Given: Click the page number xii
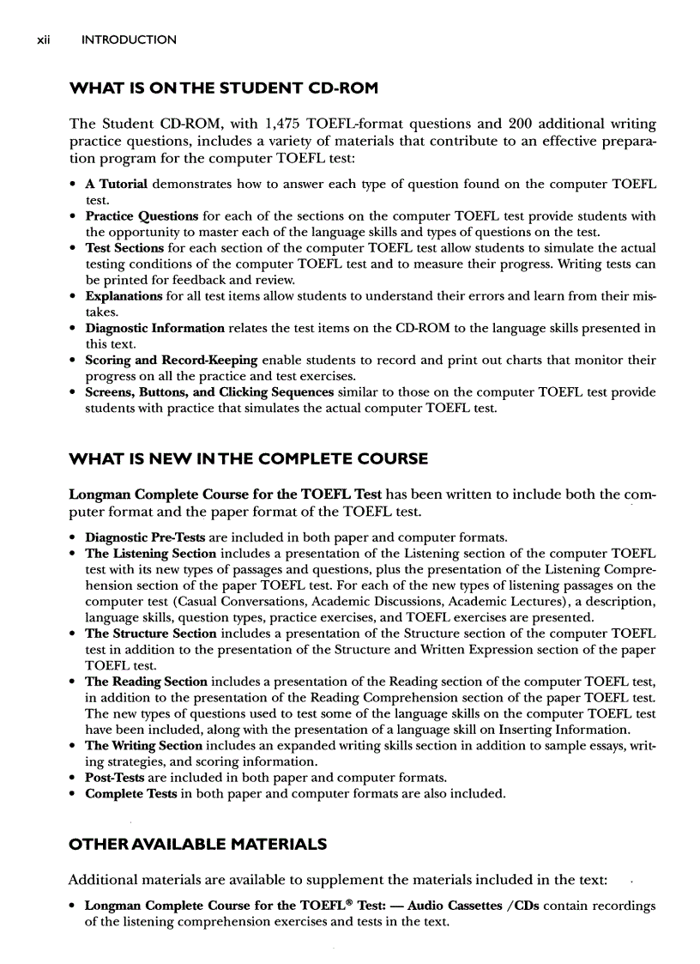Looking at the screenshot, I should pyautogui.click(x=34, y=39).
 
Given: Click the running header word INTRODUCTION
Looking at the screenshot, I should pyautogui.click(x=129, y=39).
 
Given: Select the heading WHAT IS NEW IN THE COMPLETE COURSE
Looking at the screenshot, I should pyautogui.click(x=248, y=458).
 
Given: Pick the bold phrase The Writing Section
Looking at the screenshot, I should pyautogui.click(x=143, y=746).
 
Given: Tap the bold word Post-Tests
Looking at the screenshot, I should pyautogui.click(x=115, y=778).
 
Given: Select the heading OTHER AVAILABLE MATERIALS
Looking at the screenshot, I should pyautogui.click(x=197, y=844).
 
